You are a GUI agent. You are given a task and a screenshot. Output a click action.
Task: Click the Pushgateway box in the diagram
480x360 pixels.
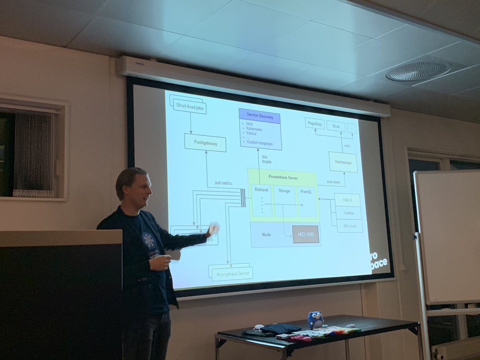pyautogui.click(x=205, y=143)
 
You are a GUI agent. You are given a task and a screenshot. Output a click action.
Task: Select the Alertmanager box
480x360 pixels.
pyautogui.click(x=343, y=162)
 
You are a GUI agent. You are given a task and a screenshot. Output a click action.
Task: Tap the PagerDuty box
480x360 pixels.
pyautogui.click(x=315, y=123)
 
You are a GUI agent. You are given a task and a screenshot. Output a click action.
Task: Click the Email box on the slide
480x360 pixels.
pyautogui.click(x=336, y=126)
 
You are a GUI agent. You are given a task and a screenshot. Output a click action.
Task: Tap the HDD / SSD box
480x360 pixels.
pyautogui.click(x=305, y=234)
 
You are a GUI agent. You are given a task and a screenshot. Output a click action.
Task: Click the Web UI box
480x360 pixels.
pyautogui.click(x=347, y=200)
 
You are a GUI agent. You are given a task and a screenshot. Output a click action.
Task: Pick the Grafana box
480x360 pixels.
pyautogui.click(x=348, y=213)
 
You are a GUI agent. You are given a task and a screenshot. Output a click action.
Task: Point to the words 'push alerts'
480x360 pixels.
pyautogui.click(x=333, y=182)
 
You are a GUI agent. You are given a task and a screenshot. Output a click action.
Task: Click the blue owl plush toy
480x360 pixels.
pyautogui.click(x=315, y=320)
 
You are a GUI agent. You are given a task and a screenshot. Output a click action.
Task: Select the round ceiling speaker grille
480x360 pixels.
pyautogui.click(x=418, y=71)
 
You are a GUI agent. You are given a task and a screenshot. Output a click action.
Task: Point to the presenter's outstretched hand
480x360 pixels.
pyautogui.click(x=213, y=229)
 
